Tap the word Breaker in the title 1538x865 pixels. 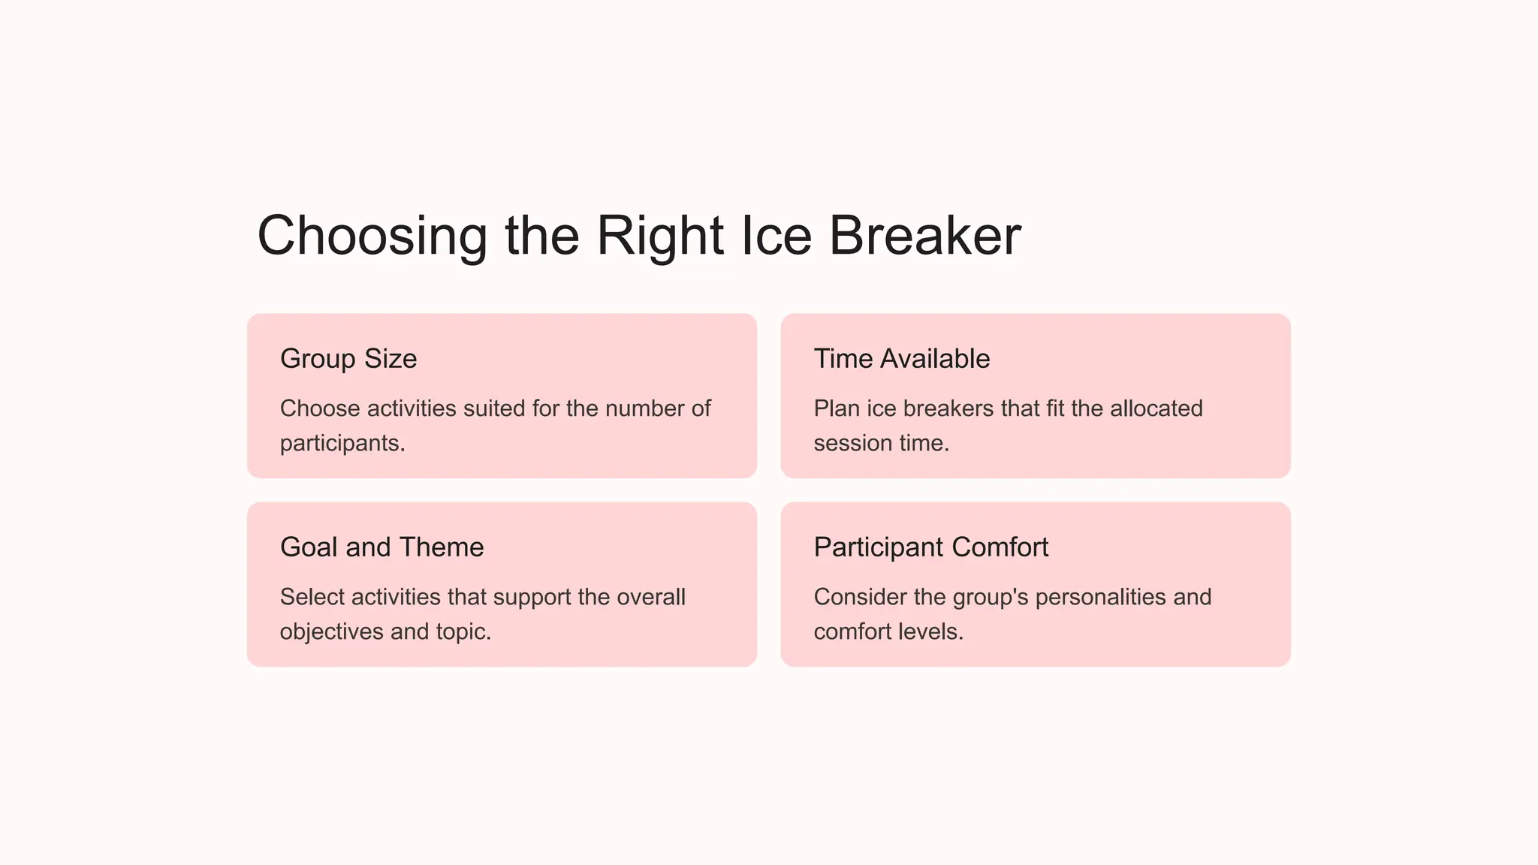924,237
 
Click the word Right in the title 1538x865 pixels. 660,237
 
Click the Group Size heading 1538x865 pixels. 348,359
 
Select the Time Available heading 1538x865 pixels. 901,359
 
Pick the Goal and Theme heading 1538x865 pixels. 381,547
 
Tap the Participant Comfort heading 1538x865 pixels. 930,547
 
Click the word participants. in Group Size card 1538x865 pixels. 342,444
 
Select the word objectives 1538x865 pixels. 332,631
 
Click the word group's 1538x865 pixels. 990,597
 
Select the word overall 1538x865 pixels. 650,597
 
